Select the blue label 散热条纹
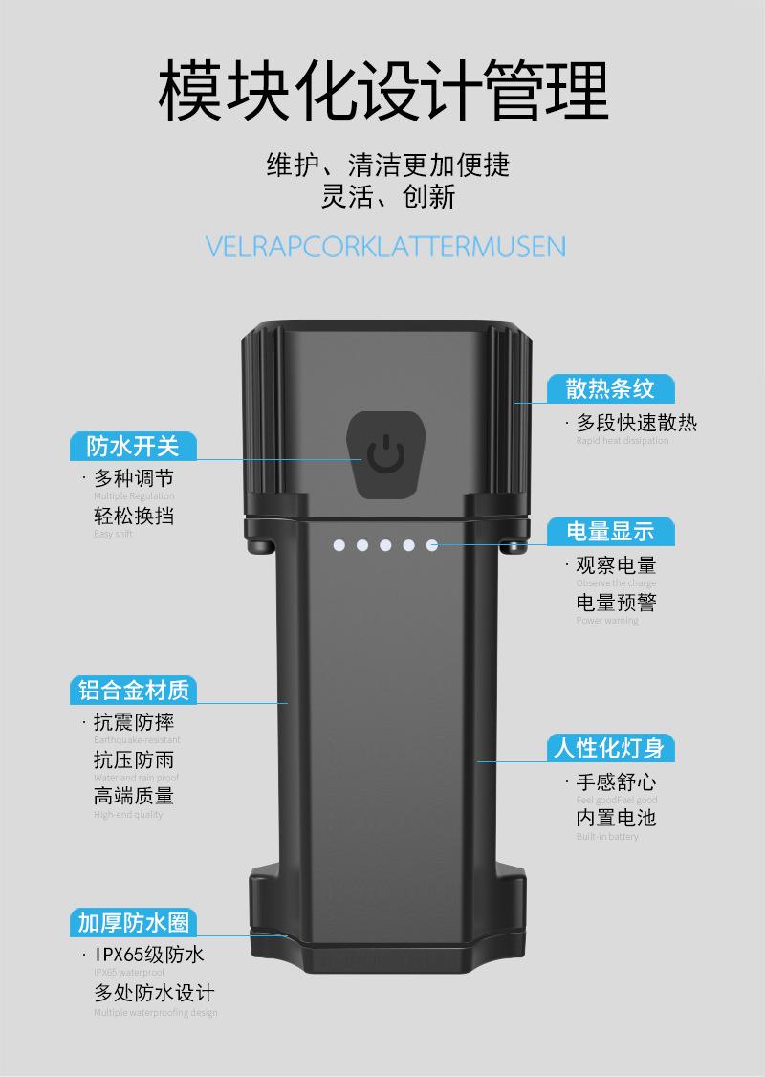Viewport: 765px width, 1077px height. [x=610, y=388]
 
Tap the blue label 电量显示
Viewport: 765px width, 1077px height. [x=610, y=531]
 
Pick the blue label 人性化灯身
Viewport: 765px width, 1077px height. [x=610, y=747]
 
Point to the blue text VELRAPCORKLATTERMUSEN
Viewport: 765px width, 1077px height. [x=385, y=246]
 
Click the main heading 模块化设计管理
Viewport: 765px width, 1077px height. [x=382, y=91]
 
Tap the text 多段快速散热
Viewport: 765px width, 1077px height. [x=636, y=423]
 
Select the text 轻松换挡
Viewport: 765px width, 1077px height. [x=134, y=516]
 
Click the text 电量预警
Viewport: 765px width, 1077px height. [x=616, y=603]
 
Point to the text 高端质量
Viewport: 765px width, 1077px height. [x=134, y=796]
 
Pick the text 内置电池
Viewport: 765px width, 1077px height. [x=616, y=818]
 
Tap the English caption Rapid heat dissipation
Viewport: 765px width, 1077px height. [x=622, y=441]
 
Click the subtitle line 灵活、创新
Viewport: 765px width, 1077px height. [x=387, y=198]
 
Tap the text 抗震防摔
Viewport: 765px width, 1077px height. [x=134, y=722]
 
